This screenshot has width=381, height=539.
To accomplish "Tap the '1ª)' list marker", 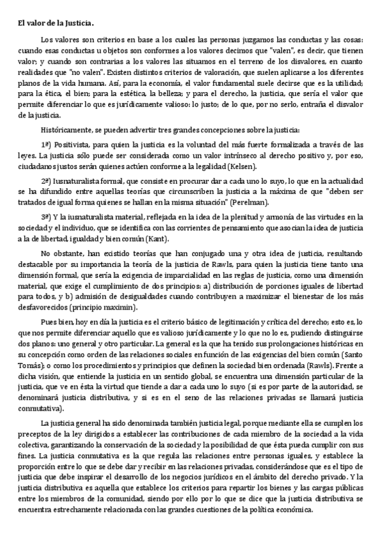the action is [46, 145].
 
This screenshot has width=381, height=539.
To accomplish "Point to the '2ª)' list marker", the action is [46, 181].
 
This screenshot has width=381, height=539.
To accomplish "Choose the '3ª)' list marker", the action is [46, 217].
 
